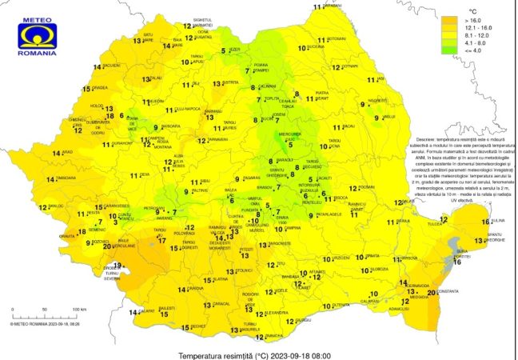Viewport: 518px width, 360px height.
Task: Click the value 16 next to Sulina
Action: (485, 222)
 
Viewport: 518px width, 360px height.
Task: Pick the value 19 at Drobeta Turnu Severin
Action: (117, 266)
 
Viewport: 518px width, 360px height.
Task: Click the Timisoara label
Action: (66, 178)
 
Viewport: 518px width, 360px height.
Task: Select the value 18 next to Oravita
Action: (81, 232)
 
